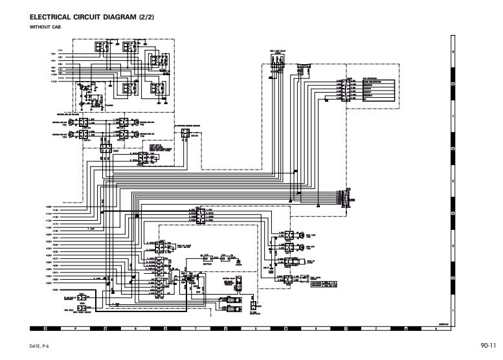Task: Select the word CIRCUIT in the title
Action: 95,17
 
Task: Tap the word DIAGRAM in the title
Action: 134,17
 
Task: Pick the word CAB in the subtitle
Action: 56,27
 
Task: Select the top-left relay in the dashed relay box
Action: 102,49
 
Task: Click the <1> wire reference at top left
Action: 60,50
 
